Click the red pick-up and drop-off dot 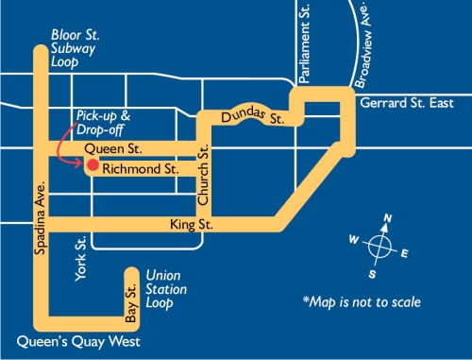pos(92,165)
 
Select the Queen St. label pos(112,149)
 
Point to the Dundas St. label pos(253,117)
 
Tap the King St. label pos(192,225)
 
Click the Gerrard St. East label pos(408,102)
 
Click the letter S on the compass pos(373,274)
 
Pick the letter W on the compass pos(353,240)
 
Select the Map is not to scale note pos(362,301)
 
